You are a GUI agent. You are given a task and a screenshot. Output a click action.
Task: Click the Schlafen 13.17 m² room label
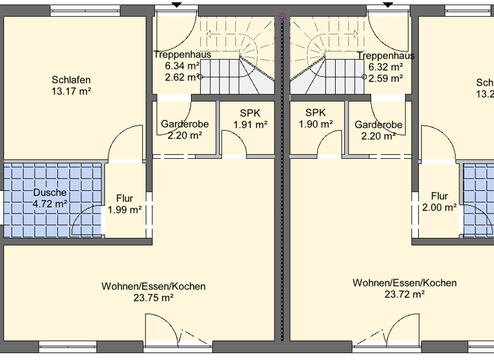(x=71, y=86)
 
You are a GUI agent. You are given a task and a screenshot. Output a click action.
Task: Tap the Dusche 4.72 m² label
(x=50, y=199)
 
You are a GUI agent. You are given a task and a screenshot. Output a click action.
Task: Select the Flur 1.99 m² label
(x=125, y=204)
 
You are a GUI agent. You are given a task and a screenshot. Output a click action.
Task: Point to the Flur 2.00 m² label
(x=439, y=202)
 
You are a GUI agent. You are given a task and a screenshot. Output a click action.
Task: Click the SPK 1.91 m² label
(x=250, y=119)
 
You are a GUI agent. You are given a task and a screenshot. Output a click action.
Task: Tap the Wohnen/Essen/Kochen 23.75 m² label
(x=153, y=292)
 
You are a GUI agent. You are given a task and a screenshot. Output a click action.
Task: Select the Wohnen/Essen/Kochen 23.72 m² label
(x=405, y=289)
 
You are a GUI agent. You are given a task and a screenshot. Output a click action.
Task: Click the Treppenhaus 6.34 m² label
(x=183, y=60)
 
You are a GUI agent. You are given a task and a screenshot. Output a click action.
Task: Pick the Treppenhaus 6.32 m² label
(x=385, y=61)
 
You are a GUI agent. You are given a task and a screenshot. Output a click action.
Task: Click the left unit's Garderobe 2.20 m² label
(x=185, y=130)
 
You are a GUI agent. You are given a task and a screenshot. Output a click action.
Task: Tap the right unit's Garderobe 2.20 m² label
(x=378, y=130)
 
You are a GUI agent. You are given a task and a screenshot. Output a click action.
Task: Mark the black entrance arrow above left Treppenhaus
(x=176, y=4)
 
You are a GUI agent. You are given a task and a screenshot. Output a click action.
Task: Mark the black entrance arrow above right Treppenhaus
(x=388, y=4)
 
